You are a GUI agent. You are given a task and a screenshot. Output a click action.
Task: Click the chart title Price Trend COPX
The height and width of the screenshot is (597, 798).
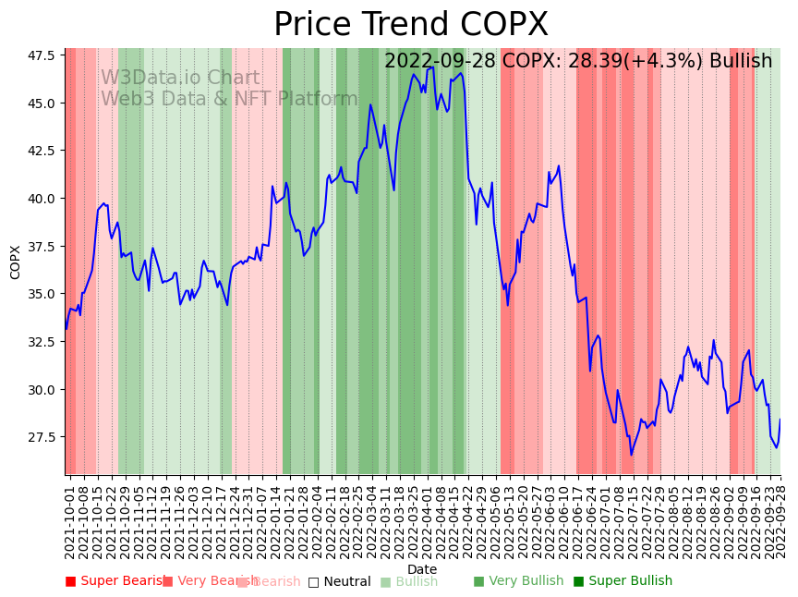click(x=410, y=25)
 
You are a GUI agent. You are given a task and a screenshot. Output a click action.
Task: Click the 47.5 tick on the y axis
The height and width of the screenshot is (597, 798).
click(x=40, y=55)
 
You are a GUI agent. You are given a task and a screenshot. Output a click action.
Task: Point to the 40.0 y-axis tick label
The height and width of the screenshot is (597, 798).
click(x=40, y=199)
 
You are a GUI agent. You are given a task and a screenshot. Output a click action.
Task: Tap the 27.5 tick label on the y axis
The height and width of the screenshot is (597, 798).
click(x=40, y=437)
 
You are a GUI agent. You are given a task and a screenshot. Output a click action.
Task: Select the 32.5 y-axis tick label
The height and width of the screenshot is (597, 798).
click(x=40, y=342)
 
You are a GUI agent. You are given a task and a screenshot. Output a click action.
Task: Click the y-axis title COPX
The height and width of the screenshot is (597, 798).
click(x=16, y=262)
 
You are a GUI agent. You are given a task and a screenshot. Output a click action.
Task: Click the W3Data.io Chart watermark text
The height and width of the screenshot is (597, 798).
click(x=180, y=78)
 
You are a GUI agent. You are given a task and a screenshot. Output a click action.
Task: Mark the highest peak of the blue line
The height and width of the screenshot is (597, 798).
click(x=430, y=67)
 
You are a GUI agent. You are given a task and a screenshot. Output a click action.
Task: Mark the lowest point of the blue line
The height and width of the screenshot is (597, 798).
click(x=632, y=455)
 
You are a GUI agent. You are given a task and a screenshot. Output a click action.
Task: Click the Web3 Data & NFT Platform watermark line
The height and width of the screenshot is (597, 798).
click(x=229, y=99)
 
